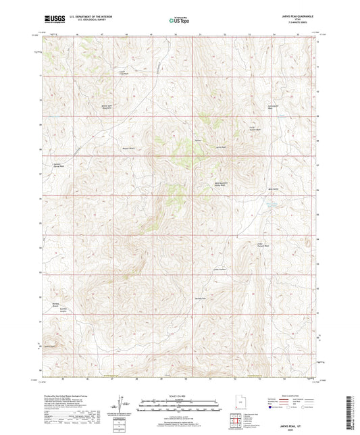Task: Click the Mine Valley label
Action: pyautogui.click(x=274, y=188)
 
